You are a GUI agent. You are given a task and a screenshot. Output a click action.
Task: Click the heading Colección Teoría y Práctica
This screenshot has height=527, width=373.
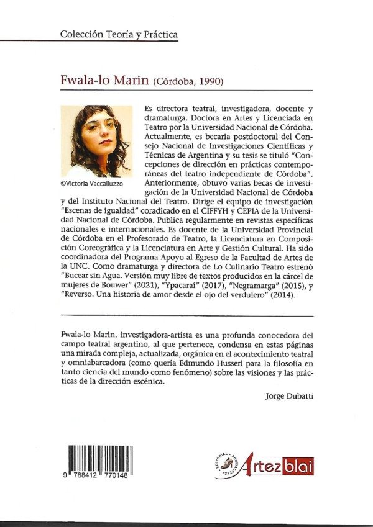[119, 35]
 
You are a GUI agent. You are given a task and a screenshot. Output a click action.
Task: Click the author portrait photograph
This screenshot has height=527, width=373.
[96, 141]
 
